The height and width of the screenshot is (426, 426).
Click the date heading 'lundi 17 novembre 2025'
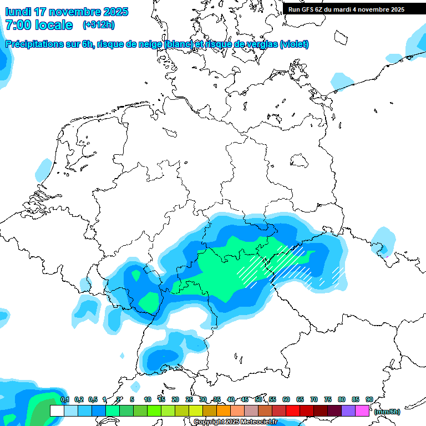click(x=67, y=12)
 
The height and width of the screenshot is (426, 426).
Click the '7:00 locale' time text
click(x=39, y=25)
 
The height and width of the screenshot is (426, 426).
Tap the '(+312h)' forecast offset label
click(x=98, y=25)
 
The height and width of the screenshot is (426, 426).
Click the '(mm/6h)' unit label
click(x=387, y=412)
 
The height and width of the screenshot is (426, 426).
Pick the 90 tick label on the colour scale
click(x=369, y=399)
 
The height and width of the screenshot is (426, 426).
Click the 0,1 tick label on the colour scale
click(x=65, y=399)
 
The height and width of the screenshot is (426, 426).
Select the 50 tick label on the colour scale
click(x=258, y=399)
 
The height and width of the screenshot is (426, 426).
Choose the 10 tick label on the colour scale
click(x=148, y=399)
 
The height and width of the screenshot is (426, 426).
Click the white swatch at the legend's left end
click(x=57, y=410)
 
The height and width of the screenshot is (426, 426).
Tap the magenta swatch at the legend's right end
click(x=362, y=410)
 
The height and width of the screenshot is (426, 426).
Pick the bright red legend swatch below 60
click(x=293, y=410)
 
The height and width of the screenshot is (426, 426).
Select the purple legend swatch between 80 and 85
click(x=348, y=410)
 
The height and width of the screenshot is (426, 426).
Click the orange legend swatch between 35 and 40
click(x=224, y=410)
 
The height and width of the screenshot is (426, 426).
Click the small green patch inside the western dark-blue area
click(x=149, y=301)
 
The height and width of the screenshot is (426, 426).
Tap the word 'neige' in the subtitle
click(x=150, y=44)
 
